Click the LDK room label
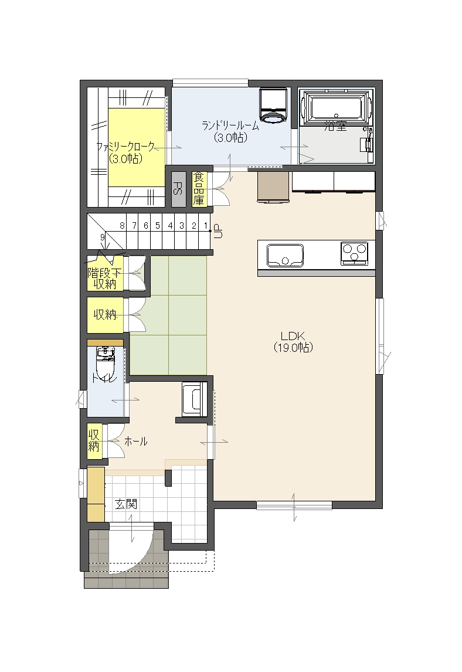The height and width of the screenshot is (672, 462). point(293,342)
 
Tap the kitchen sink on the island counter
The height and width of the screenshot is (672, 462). point(285,255)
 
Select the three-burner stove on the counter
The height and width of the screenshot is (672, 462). point(354,253)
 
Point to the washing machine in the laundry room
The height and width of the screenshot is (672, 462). point(273,106)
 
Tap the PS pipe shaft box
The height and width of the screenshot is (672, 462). point(178,189)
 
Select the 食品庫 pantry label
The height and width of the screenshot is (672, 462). point(198,189)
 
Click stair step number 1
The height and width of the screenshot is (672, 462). point(206,225)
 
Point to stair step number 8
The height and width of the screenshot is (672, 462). point(122,225)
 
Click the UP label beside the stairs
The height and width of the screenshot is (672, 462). point(218,231)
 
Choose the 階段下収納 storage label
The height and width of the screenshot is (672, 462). point(104,278)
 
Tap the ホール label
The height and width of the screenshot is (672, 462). point(136,442)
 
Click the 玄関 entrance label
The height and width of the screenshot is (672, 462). point(126,504)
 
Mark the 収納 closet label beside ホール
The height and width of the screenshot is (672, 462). point(94,440)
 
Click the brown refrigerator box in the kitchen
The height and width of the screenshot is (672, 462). point(273,186)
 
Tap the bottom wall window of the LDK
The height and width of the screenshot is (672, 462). point(294,505)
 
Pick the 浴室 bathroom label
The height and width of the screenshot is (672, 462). point(335,126)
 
